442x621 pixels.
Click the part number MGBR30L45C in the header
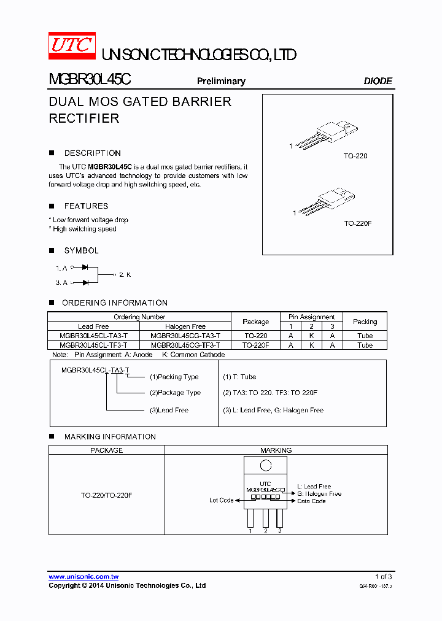pyautogui.click(x=89, y=80)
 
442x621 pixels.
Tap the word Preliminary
pyautogui.click(x=221, y=81)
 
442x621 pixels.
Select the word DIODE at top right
pyautogui.click(x=378, y=81)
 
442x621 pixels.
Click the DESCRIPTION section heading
pyautogui.click(x=92, y=153)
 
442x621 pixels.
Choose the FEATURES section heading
pyautogui.click(x=86, y=206)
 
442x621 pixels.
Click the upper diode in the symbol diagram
pyautogui.click(x=85, y=268)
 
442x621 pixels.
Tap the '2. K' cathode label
pyautogui.click(x=125, y=274)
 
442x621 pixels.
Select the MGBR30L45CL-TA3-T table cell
pyautogui.click(x=94, y=336)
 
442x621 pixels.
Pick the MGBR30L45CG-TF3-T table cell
pyautogui.click(x=185, y=345)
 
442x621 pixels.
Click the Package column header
pyautogui.click(x=255, y=322)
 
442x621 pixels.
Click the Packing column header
pyautogui.click(x=365, y=322)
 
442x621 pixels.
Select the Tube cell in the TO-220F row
pyautogui.click(x=365, y=345)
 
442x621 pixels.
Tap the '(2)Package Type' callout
pyautogui.click(x=175, y=393)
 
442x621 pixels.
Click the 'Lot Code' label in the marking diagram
pyautogui.click(x=221, y=500)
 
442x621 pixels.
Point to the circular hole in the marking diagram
pyautogui.click(x=266, y=465)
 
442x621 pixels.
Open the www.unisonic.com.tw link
pyautogui.click(x=83, y=577)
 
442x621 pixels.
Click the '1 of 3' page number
pyautogui.click(x=383, y=577)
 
